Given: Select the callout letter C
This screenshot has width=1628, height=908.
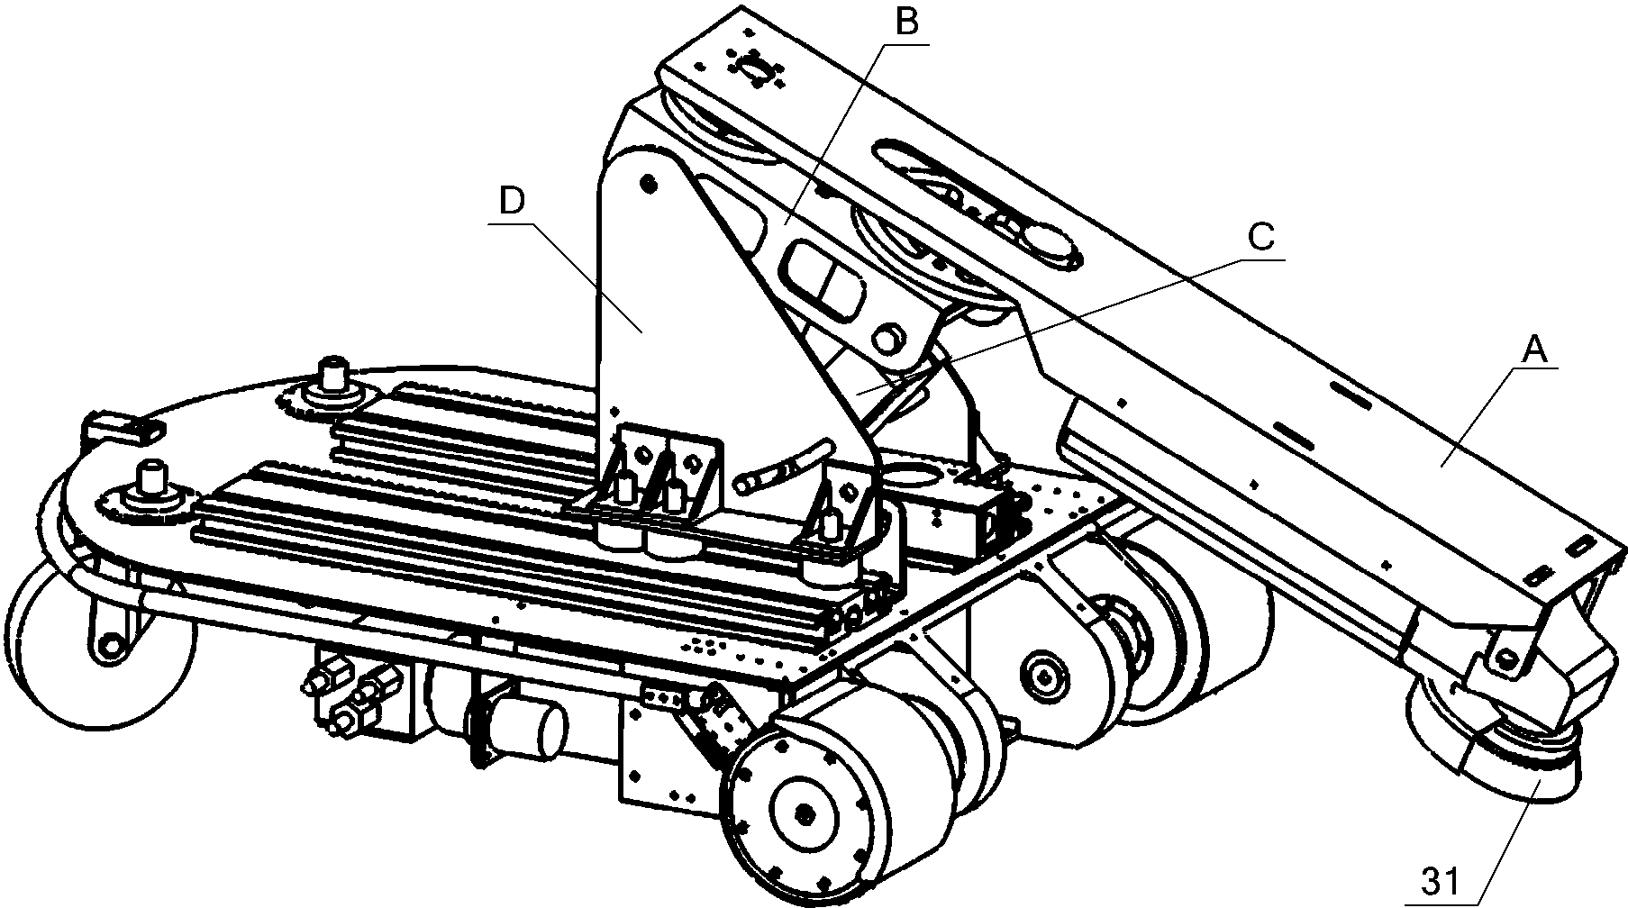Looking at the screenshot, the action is tap(1260, 237).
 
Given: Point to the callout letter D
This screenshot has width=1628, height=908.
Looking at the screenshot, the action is tap(511, 203).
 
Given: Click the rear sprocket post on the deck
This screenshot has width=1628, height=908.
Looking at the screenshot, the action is tap(334, 376).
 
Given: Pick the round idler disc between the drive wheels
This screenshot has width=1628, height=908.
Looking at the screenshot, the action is tap(1045, 674).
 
